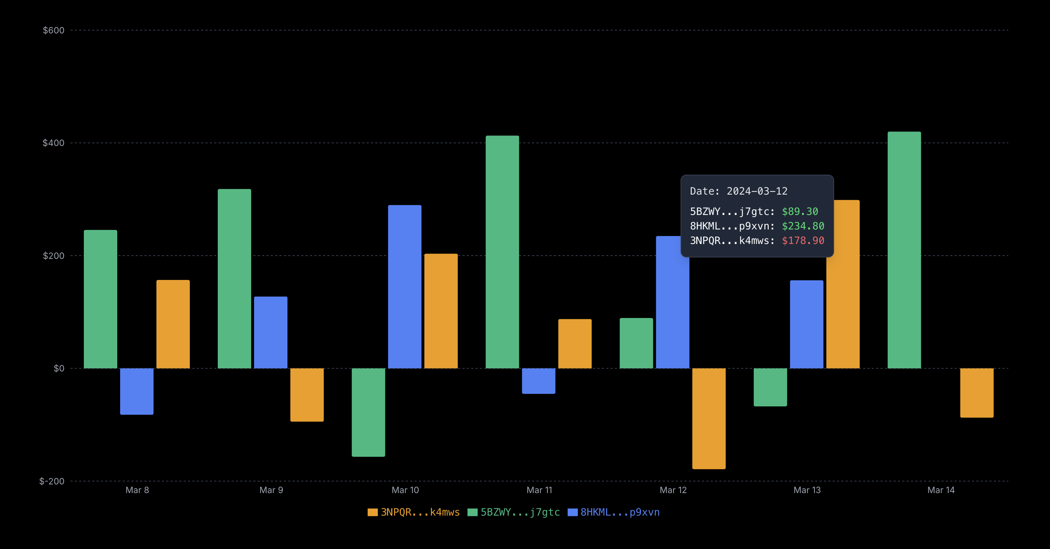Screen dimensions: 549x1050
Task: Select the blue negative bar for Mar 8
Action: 136,391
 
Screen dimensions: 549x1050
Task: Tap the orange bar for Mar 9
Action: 307,394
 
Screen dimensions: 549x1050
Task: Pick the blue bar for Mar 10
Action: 404,286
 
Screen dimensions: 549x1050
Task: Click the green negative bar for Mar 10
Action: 368,412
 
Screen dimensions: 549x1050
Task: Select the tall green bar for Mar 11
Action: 502,252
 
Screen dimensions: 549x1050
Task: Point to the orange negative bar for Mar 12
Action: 709,419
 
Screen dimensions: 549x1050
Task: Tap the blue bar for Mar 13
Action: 806,324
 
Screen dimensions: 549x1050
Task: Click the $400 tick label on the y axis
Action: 53,143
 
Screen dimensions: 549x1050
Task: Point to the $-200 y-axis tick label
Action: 52,481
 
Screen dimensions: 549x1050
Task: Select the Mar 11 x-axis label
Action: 539,490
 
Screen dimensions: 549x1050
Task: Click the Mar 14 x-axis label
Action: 941,490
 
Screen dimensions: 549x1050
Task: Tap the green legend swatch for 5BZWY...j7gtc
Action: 473,512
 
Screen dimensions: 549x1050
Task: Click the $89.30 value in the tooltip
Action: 800,211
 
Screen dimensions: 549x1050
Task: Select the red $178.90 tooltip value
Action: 803,241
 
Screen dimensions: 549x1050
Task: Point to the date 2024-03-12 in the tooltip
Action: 757,191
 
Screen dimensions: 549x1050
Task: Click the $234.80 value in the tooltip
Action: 803,226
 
